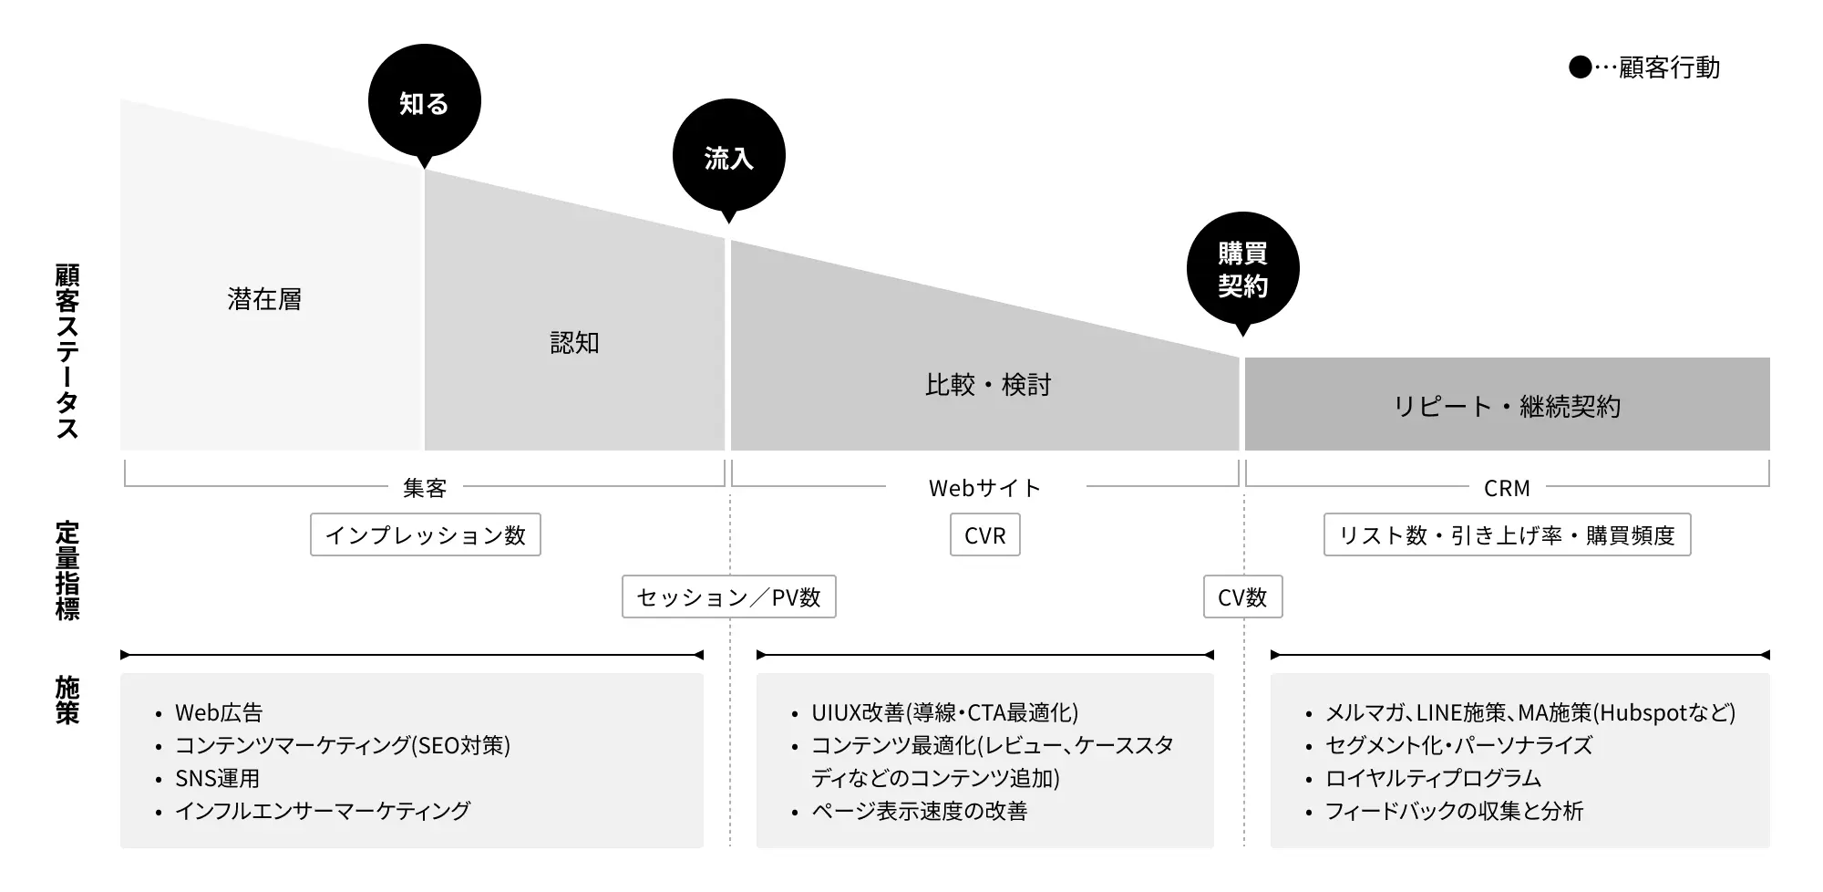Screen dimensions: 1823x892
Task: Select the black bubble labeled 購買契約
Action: [x=1242, y=270]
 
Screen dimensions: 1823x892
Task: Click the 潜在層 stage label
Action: [x=264, y=299]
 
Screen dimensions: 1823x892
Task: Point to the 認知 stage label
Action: [x=574, y=343]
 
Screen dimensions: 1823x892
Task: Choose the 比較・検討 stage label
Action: [x=988, y=385]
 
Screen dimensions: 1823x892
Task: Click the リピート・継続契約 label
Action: [x=1507, y=407]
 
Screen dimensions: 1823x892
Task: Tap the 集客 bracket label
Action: [x=425, y=489]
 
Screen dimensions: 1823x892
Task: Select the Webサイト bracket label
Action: [x=984, y=489]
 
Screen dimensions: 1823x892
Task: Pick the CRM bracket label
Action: [x=1507, y=489]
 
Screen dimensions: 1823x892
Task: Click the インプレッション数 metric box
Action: [x=426, y=534]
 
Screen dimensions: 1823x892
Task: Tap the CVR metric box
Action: [x=985, y=534]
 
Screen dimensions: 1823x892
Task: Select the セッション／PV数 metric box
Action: [x=729, y=596]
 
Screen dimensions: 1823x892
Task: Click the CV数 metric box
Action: [x=1243, y=596]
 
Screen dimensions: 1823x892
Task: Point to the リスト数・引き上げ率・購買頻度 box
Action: [x=1507, y=534]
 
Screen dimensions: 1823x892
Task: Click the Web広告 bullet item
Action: [x=219, y=712]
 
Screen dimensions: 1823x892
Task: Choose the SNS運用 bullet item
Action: [x=217, y=778]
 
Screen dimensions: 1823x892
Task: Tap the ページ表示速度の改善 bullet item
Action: [x=919, y=811]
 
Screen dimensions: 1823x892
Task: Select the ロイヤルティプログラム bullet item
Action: [x=1433, y=778]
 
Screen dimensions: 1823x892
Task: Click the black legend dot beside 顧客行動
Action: [x=1580, y=67]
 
